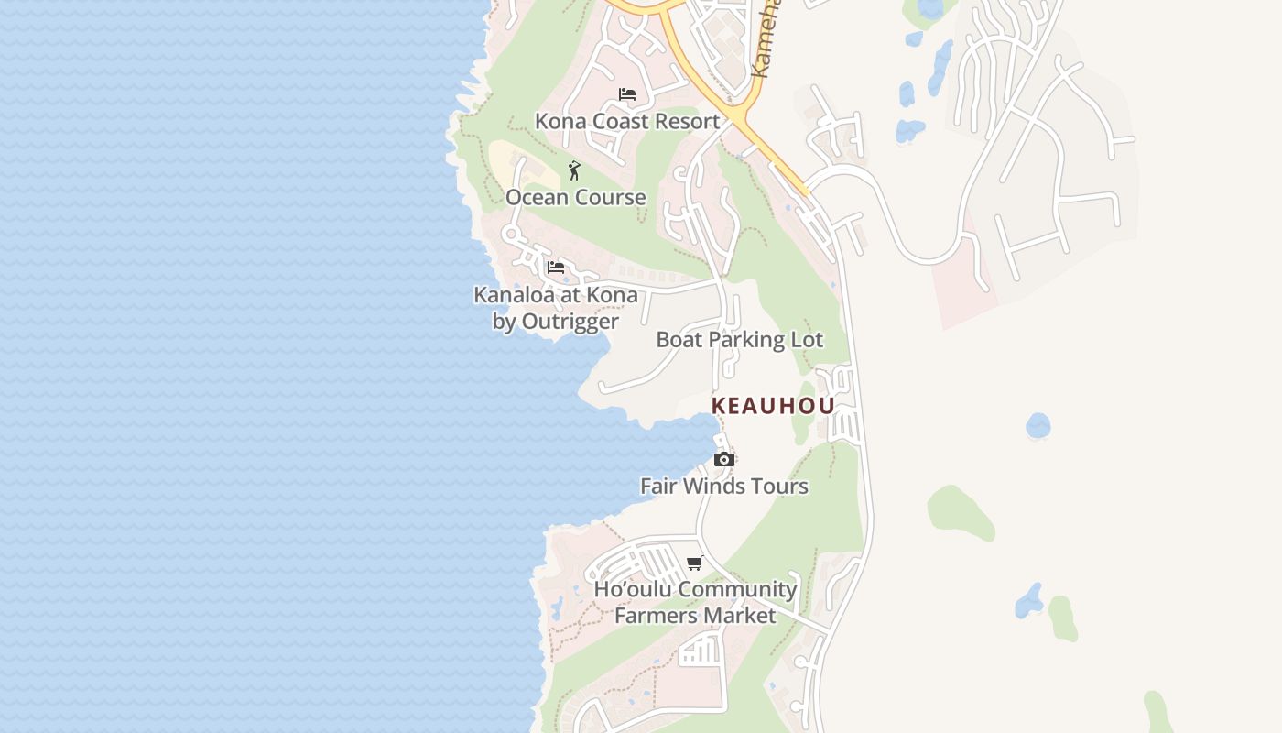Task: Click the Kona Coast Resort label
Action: tap(627, 121)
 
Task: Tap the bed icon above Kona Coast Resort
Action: tap(627, 94)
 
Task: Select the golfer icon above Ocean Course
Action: tap(574, 170)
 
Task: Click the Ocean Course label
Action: tap(576, 197)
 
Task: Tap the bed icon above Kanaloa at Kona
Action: tap(556, 268)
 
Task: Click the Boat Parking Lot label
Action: tap(740, 340)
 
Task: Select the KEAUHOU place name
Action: tap(773, 406)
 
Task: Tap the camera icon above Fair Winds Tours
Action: tap(724, 459)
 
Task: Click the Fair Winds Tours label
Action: tap(724, 486)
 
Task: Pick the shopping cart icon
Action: tap(695, 563)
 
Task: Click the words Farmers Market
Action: tap(695, 615)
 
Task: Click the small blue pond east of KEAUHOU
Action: tap(1038, 426)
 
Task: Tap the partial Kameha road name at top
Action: tap(766, 41)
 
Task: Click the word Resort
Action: tap(688, 121)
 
